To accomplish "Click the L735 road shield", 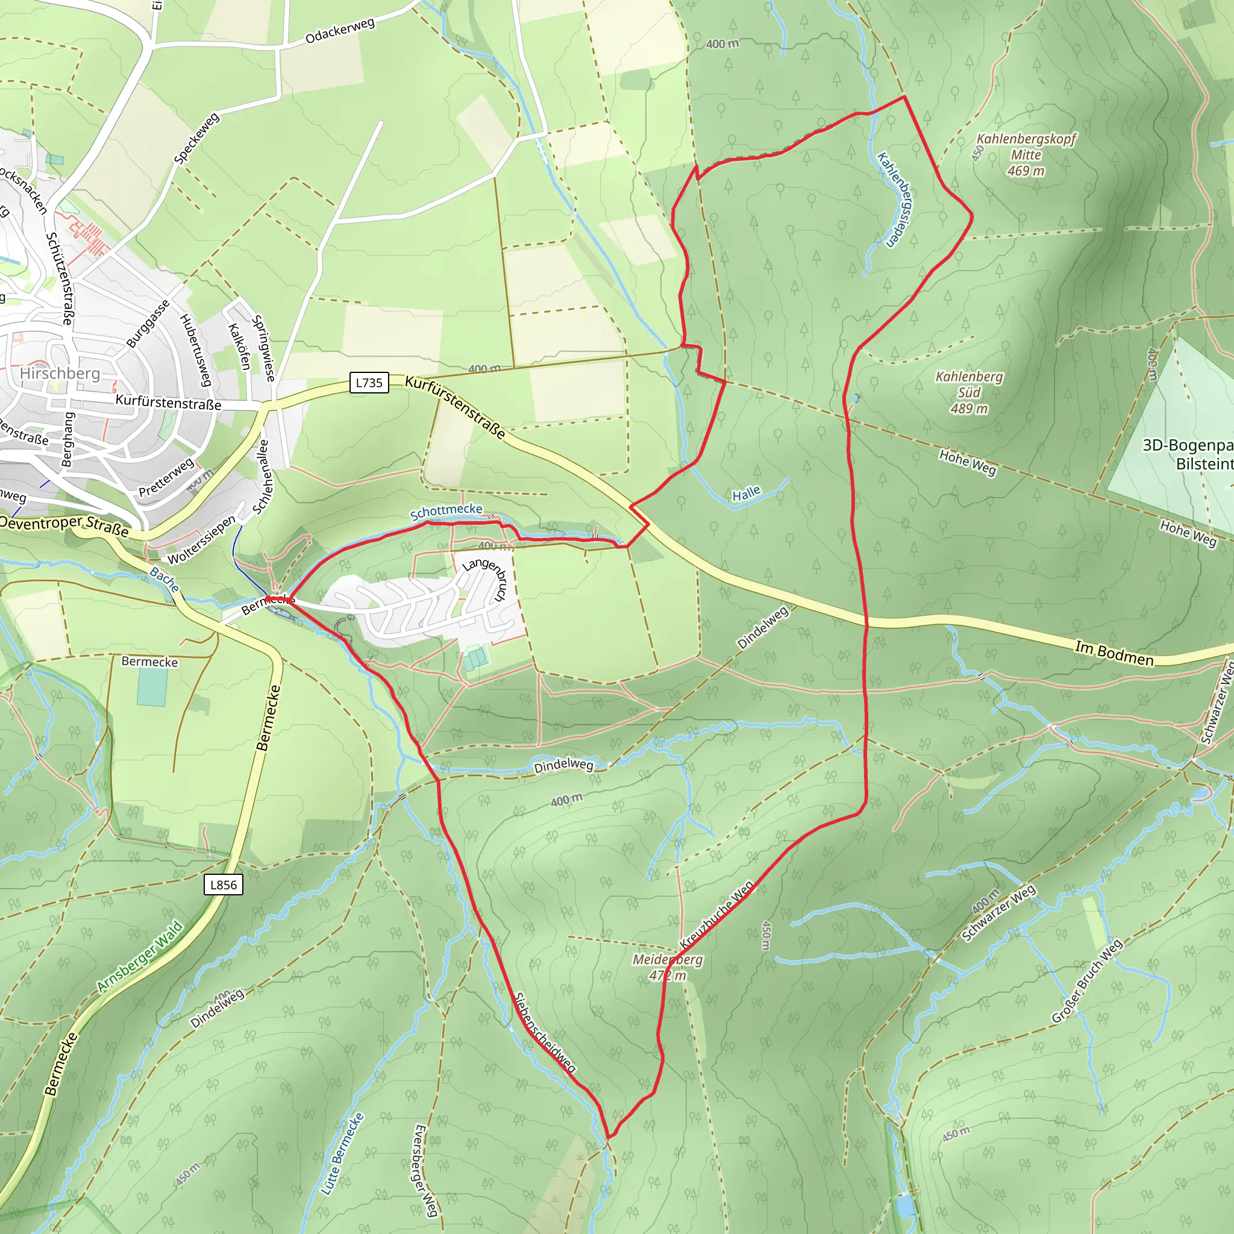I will pyautogui.click(x=369, y=383).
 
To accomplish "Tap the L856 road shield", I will pyautogui.click(x=224, y=885).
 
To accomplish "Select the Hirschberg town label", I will pyautogui.click(x=60, y=373).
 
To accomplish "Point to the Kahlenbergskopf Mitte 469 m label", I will pyautogui.click(x=1026, y=155).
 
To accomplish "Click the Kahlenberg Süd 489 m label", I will pyautogui.click(x=969, y=392).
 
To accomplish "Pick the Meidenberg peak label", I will pyautogui.click(x=668, y=967).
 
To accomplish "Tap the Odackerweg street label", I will pyautogui.click(x=340, y=31).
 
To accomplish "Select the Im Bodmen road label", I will pyautogui.click(x=1114, y=653).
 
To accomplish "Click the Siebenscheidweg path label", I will pyautogui.click(x=545, y=1033).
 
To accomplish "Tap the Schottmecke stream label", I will pyautogui.click(x=446, y=511).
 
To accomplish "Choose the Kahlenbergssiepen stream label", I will pyautogui.click(x=895, y=199).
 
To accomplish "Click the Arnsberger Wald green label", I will pyautogui.click(x=140, y=956).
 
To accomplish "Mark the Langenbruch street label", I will pyautogui.click(x=484, y=578).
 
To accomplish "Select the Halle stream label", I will pyautogui.click(x=746, y=493).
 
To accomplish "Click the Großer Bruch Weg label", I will pyautogui.click(x=1086, y=981).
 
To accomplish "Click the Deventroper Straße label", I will pyautogui.click(x=64, y=525).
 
